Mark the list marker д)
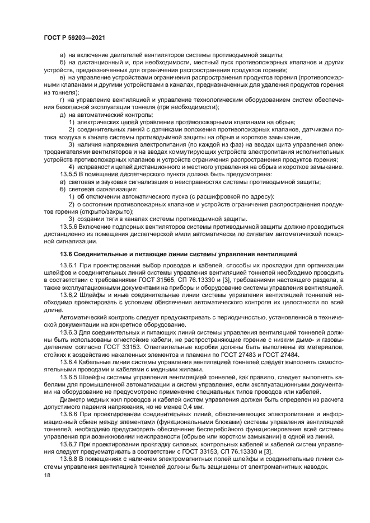pos(62,114)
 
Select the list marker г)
pos(62,99)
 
